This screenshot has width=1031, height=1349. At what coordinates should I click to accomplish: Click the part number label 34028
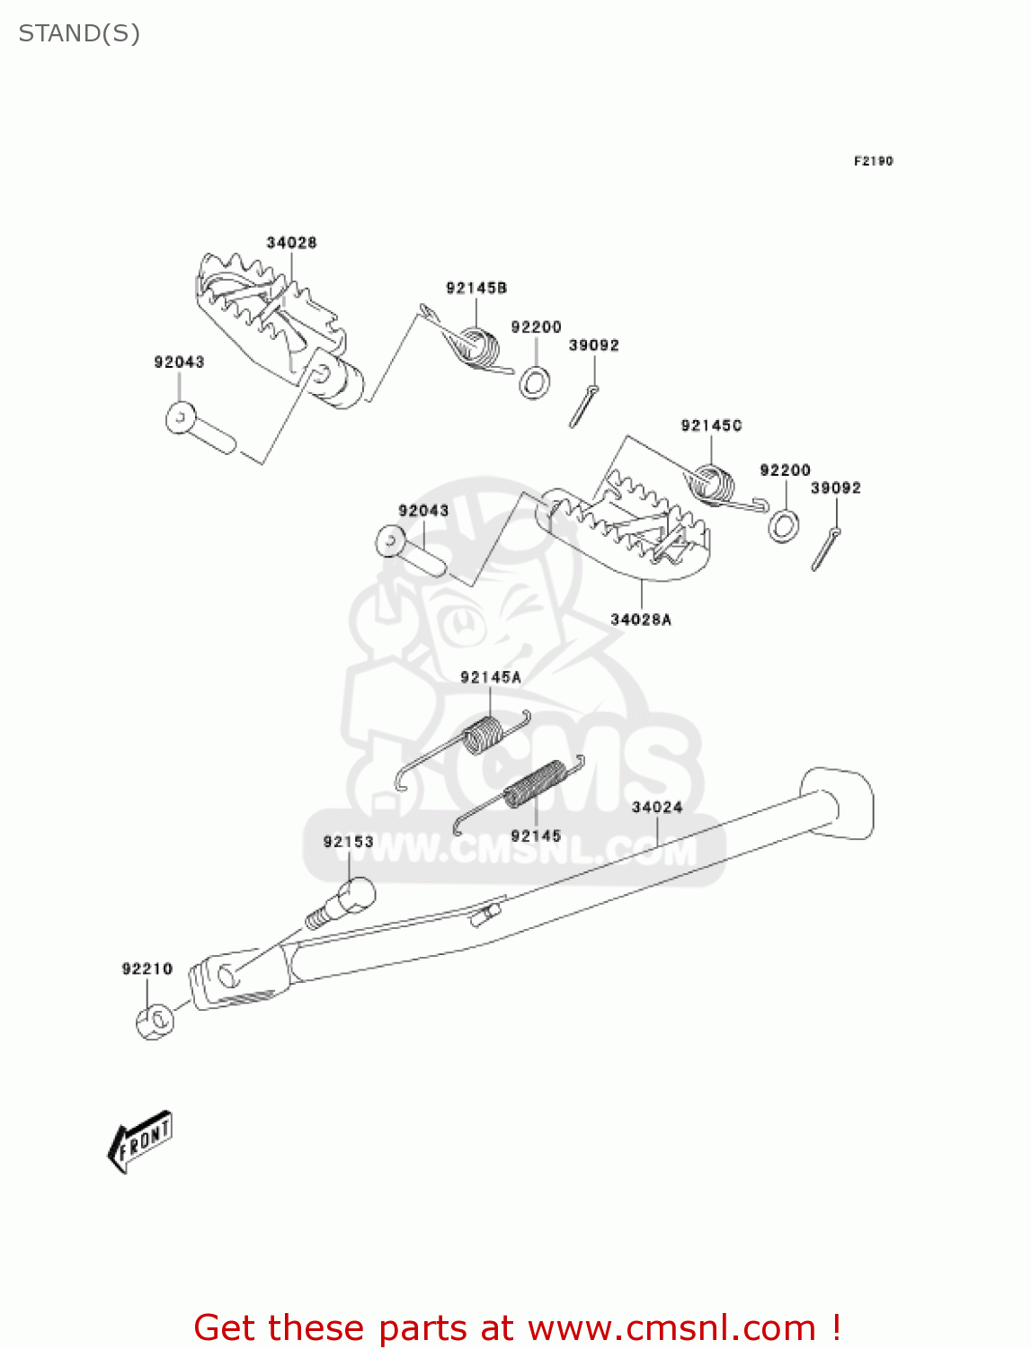tap(291, 243)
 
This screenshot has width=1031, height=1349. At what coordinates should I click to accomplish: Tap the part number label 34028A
tap(640, 620)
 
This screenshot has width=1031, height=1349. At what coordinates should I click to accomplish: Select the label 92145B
tap(476, 288)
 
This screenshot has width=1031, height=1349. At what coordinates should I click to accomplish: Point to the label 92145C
tap(711, 425)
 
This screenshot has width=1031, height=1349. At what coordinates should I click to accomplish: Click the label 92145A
tap(490, 677)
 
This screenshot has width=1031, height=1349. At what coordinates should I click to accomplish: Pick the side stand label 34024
tap(656, 808)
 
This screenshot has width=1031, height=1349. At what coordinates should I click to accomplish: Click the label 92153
tap(348, 842)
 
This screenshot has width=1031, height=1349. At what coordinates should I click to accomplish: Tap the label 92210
tap(147, 969)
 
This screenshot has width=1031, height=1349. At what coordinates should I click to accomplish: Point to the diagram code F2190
tap(873, 161)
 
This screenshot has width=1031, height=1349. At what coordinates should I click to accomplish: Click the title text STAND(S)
tap(79, 33)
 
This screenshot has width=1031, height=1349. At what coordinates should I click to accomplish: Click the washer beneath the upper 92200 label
tap(535, 383)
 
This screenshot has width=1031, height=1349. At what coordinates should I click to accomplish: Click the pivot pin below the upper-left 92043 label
tap(200, 430)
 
